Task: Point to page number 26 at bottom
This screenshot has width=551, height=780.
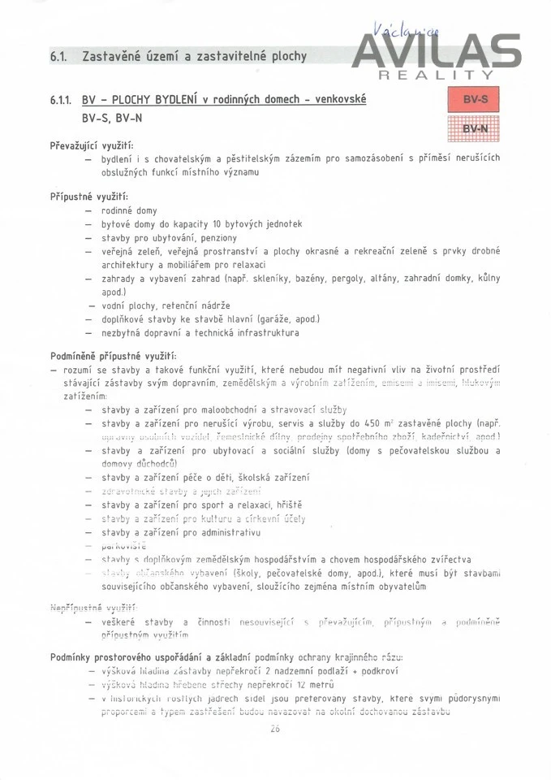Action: (x=274, y=729)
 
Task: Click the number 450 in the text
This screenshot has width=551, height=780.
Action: (x=373, y=423)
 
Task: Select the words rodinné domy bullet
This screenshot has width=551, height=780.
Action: (x=129, y=211)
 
